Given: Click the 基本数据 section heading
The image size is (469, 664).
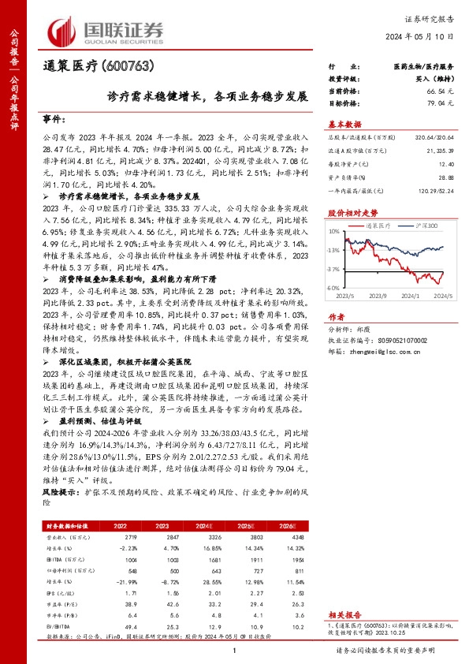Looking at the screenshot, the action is click(x=344, y=124).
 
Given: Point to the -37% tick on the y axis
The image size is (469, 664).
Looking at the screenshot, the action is click(x=333, y=269).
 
